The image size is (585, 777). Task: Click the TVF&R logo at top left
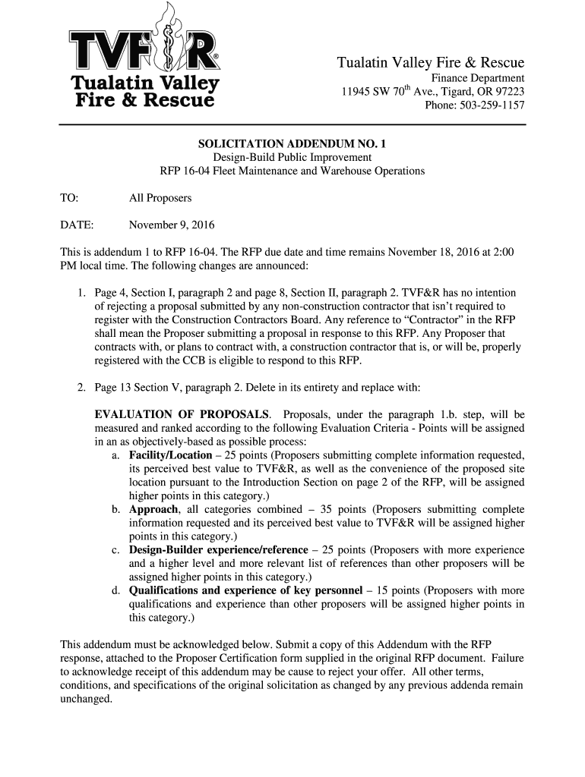(144, 64)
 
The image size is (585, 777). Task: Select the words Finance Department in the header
(478, 78)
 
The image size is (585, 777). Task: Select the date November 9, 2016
(172, 225)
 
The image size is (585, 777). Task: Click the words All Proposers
(160, 198)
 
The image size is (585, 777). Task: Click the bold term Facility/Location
(170, 455)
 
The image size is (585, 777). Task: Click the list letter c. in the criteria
(115, 549)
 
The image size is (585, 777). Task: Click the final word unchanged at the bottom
(87, 700)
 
